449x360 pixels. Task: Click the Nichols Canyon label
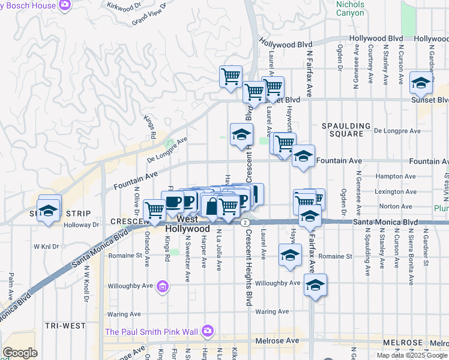(x=350, y=8)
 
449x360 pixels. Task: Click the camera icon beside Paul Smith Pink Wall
(x=208, y=331)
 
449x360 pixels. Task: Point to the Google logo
(x=20, y=353)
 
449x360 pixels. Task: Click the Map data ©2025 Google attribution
(x=412, y=355)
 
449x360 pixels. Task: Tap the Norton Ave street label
(x=396, y=206)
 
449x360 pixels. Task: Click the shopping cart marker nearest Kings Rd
(x=155, y=210)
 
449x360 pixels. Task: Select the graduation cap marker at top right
(x=421, y=83)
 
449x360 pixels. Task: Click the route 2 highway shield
(x=246, y=222)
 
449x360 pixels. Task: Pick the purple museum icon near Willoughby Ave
(x=162, y=287)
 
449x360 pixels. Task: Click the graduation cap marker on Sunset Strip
(x=48, y=211)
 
